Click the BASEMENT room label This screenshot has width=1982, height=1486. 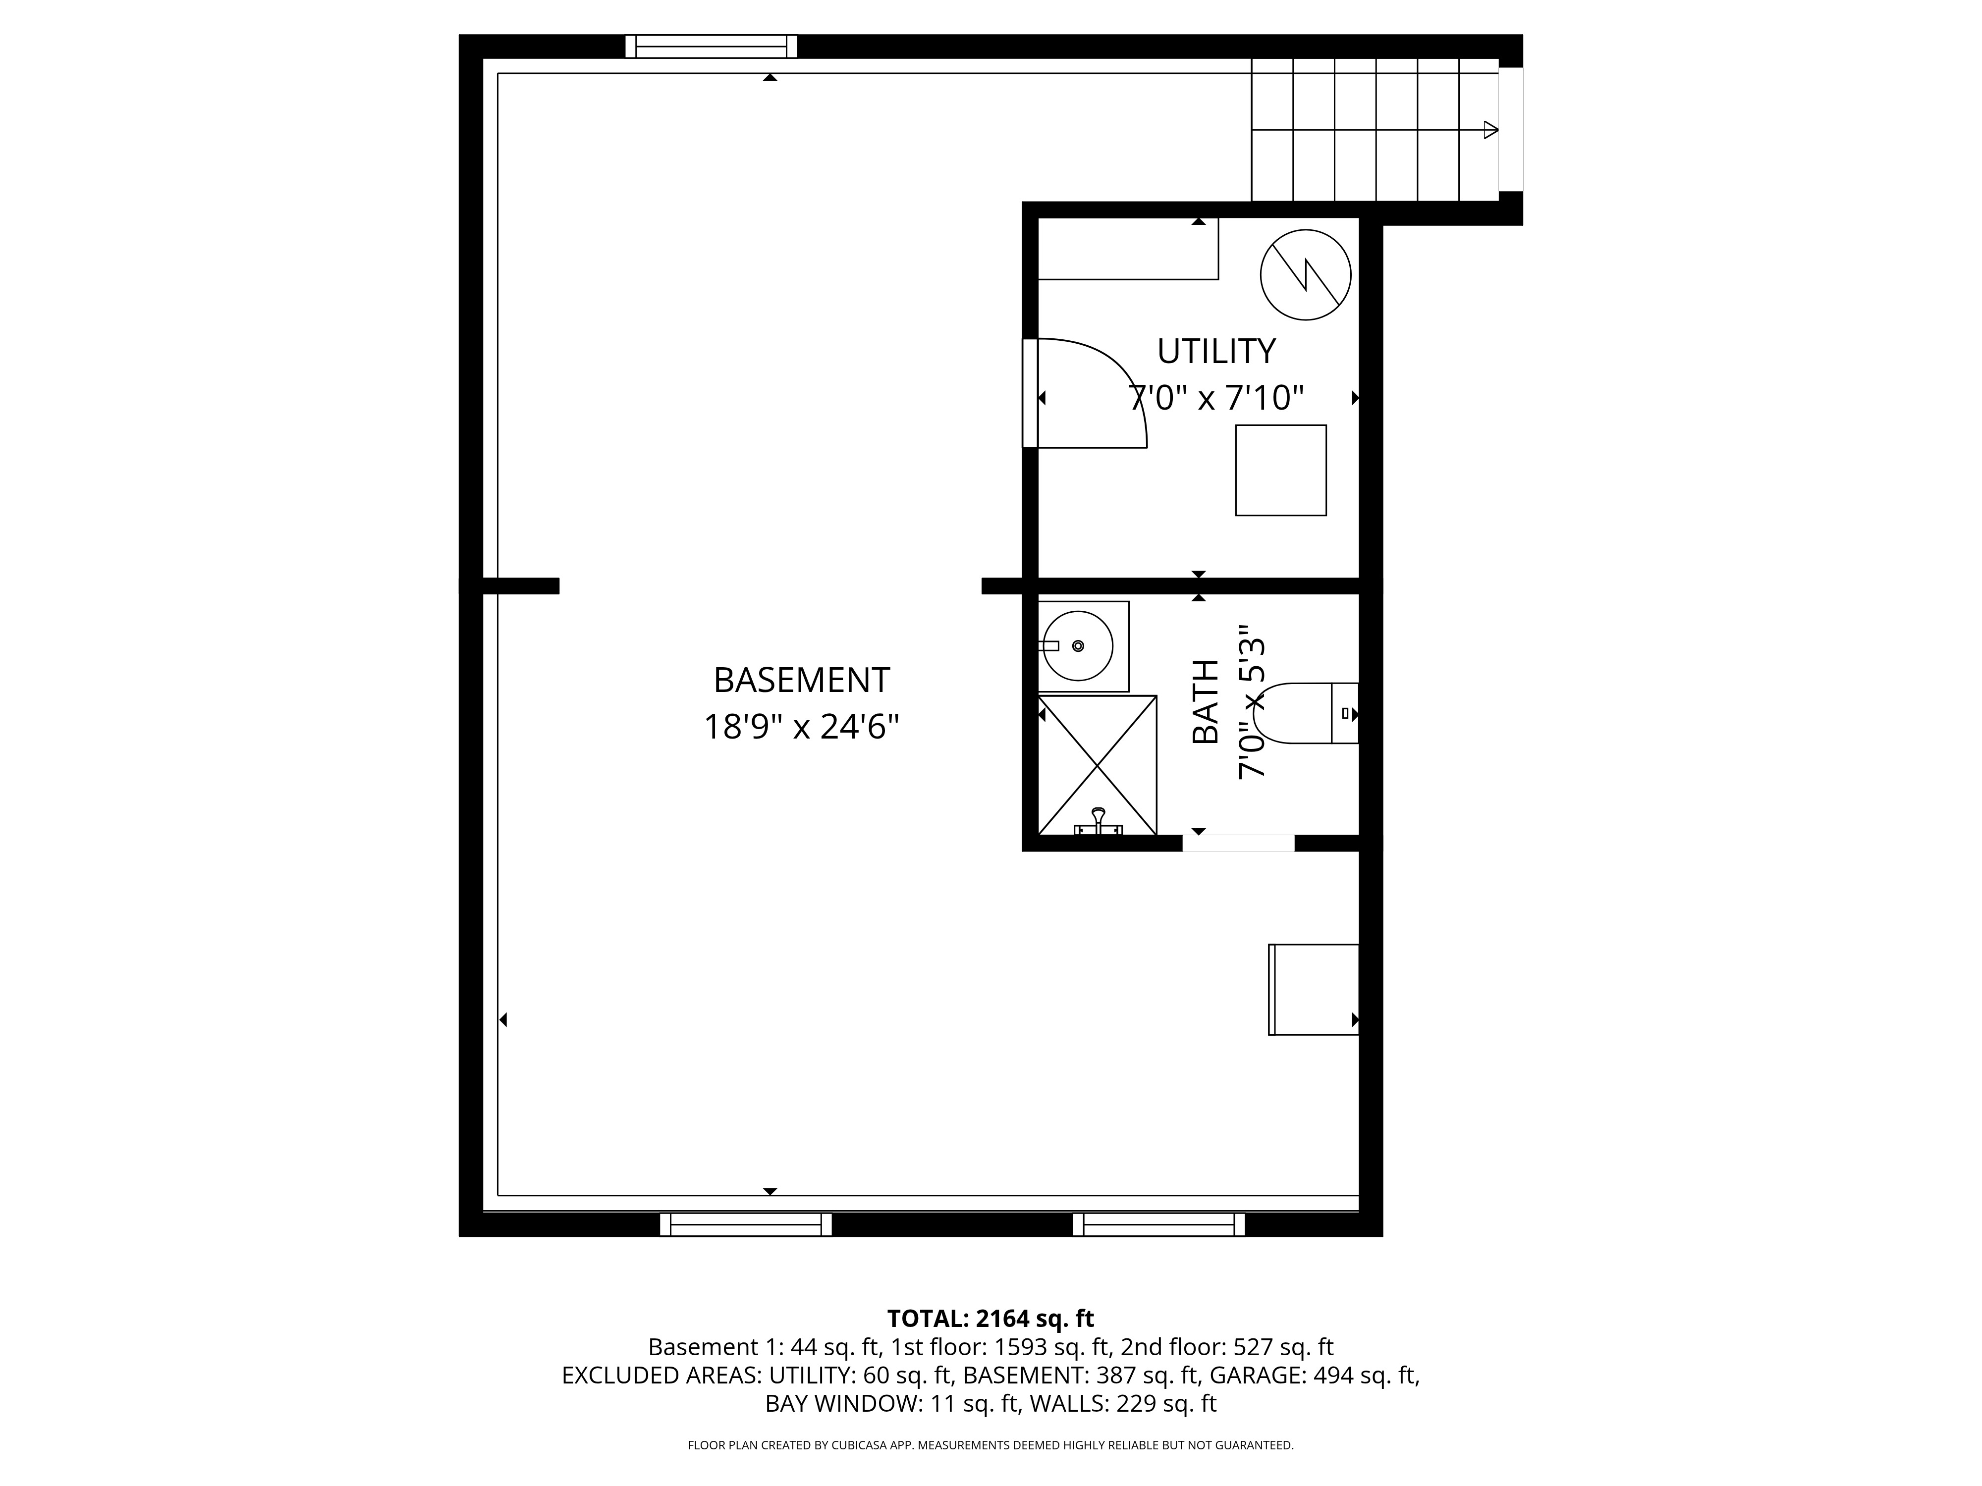pyautogui.click(x=801, y=681)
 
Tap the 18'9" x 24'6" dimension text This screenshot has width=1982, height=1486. pyautogui.click(x=801, y=727)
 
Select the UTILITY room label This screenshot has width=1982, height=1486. pyautogui.click(x=1216, y=351)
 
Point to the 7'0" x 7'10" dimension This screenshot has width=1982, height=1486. pyautogui.click(x=1216, y=397)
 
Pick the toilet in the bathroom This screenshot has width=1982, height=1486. pyautogui.click(x=1304, y=713)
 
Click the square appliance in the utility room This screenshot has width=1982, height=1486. pyautogui.click(x=1280, y=470)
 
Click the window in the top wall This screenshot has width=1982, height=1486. pyautogui.click(x=712, y=47)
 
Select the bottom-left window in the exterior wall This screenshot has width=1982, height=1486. pyautogui.click(x=746, y=1224)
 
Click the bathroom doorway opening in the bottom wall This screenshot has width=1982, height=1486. pyautogui.click(x=1238, y=843)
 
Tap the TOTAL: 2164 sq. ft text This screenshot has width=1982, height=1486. pyautogui.click(x=990, y=1319)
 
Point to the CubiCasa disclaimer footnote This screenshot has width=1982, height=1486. pyautogui.click(x=990, y=1445)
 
